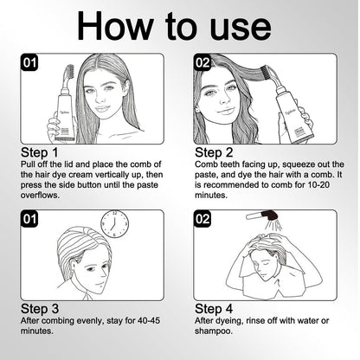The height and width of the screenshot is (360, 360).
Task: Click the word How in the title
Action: pos(115,26)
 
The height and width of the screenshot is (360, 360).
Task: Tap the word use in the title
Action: pos(241,29)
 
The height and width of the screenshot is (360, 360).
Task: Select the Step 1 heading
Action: pos(40,152)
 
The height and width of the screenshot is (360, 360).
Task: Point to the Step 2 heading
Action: pos(214,152)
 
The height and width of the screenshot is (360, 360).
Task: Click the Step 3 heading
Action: pos(40,309)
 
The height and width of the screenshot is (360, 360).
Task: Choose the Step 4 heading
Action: pos(214,309)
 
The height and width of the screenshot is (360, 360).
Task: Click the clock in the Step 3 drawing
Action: pos(114,224)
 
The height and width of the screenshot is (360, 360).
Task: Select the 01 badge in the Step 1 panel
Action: pos(29,62)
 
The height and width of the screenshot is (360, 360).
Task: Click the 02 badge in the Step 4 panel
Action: pos(202,219)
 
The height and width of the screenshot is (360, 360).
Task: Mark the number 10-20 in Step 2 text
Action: pos(318,185)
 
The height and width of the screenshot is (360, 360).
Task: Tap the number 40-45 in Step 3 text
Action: pos(149,320)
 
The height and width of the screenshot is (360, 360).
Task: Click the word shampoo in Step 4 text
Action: pos(214,331)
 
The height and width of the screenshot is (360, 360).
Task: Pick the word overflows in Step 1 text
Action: pos(40,196)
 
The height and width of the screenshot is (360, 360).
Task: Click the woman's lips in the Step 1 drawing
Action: pos(101,109)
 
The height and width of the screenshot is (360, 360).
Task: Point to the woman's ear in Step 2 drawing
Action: pos(197,109)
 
